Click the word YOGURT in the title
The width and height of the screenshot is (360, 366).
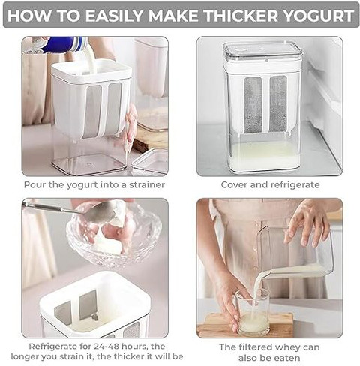coord(319,15)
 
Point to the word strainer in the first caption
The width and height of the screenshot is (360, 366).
coord(147,185)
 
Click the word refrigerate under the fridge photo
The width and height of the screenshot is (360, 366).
coord(295,185)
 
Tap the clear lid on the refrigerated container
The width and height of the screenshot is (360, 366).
coord(262,52)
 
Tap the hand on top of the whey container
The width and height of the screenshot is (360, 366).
coord(307,223)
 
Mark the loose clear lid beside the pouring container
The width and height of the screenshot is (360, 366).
coord(149,162)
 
